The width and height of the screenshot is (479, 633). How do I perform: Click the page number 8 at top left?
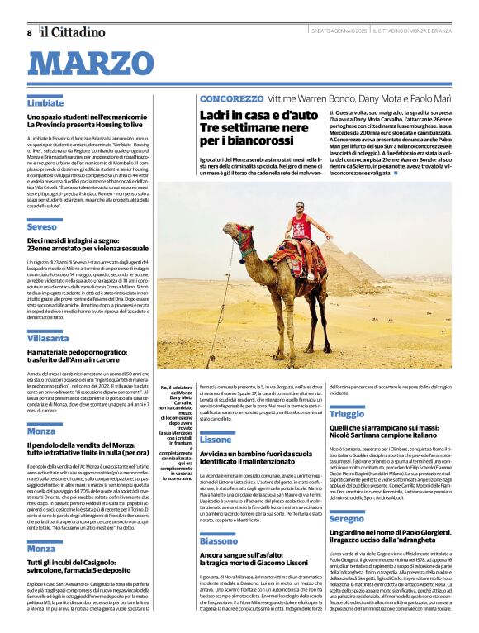29,32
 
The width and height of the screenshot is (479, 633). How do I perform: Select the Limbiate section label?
45,102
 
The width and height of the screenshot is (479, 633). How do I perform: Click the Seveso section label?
41,226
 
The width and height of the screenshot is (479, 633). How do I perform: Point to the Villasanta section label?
47,338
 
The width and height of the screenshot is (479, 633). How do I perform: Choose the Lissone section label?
216,439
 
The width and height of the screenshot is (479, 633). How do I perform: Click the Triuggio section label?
346,412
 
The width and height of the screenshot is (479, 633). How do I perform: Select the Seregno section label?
346,518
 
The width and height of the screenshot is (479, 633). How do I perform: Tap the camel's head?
233,233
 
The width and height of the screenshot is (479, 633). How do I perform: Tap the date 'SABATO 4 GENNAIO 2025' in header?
339,32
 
